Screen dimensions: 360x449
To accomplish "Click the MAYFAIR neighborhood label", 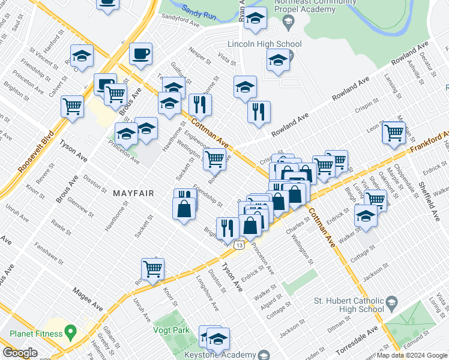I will pos(133,193).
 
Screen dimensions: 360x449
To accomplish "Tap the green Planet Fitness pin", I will pos(70,331).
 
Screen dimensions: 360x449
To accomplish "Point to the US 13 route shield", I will pos(240,245).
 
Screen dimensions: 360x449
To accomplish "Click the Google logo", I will pos(20,353).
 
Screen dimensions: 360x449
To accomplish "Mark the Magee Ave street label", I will pos(88,299).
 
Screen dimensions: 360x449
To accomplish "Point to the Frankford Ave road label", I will pos(429,142).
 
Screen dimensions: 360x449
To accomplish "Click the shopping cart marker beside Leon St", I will pos(394,133).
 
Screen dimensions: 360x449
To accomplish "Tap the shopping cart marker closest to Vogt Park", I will pos(152,269).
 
